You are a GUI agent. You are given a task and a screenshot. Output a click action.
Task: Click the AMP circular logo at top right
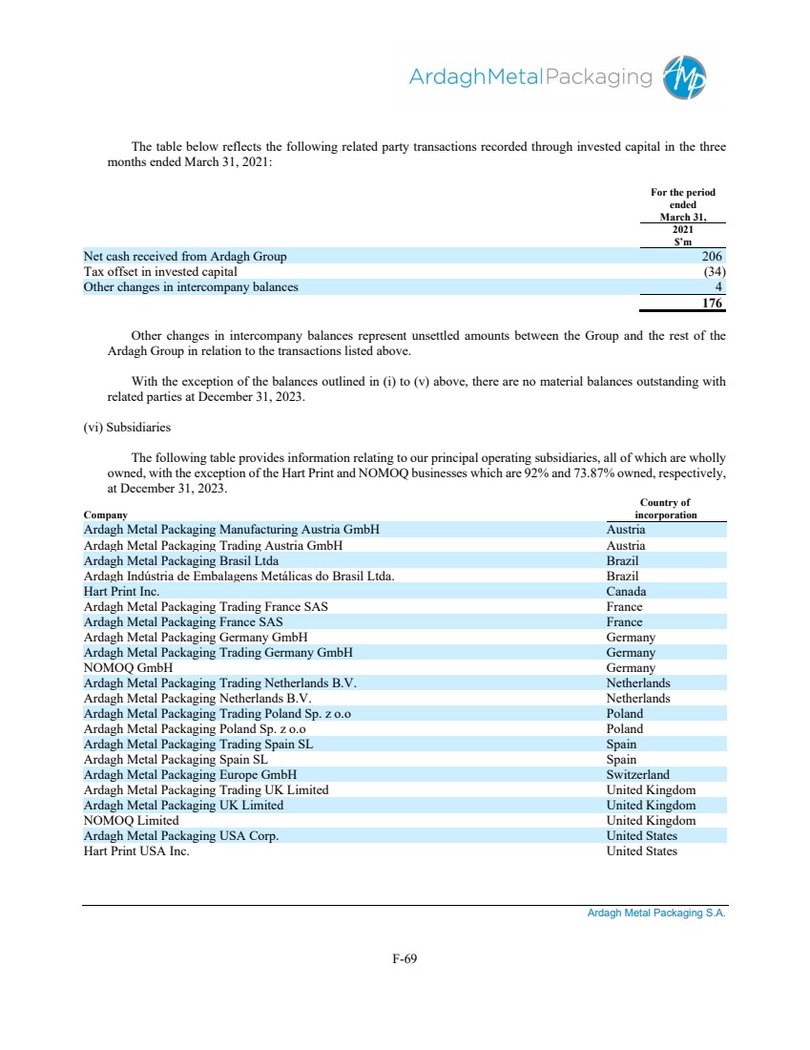[687, 77]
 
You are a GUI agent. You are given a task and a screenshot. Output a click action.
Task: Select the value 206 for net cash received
[713, 257]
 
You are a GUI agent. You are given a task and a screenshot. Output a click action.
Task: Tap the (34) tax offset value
[712, 272]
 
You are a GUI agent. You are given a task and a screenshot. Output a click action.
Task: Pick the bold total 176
[712, 304]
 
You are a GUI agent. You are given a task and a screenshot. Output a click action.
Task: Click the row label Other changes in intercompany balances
[190, 287]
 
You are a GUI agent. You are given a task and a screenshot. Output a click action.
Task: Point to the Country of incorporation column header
[665, 509]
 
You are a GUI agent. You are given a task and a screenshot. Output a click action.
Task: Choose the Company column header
[106, 515]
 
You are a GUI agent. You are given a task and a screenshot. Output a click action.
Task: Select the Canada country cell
[626, 592]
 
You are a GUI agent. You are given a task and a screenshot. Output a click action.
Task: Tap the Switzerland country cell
[637, 775]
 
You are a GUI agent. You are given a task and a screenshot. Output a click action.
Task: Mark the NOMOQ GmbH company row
[128, 668]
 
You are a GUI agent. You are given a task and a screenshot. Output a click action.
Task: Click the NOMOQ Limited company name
[131, 821]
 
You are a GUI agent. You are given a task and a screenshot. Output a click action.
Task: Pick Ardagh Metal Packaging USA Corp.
[181, 836]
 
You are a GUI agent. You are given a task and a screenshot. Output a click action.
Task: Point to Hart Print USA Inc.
[136, 851]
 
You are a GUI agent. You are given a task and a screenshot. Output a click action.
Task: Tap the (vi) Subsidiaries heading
[127, 428]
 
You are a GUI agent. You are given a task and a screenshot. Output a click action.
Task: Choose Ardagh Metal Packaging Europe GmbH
[191, 775]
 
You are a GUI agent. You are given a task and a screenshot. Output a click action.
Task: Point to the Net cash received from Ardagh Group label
[184, 257]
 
